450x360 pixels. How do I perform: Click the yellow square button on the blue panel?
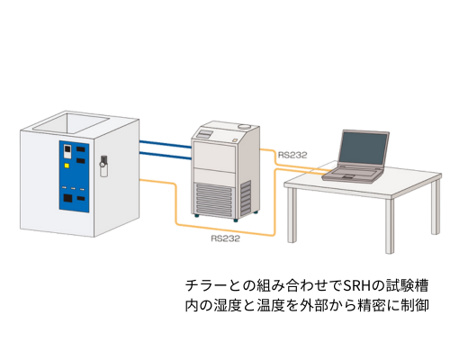(x=67, y=166)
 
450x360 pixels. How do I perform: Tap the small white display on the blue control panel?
(x=67, y=151)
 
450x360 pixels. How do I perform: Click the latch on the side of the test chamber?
(x=103, y=166)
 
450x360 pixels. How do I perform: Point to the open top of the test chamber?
(x=71, y=123)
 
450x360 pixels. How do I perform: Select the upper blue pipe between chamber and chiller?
(x=166, y=144)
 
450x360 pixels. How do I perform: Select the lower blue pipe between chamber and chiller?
(x=166, y=156)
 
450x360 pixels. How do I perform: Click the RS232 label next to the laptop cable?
(x=292, y=155)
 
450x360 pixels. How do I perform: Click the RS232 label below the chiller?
(x=225, y=238)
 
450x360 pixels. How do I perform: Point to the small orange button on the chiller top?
(x=234, y=139)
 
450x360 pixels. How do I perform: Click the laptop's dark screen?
(x=362, y=148)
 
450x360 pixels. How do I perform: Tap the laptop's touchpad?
(x=347, y=176)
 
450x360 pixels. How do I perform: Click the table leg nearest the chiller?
(x=291, y=215)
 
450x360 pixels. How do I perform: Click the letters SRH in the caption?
(x=357, y=285)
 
